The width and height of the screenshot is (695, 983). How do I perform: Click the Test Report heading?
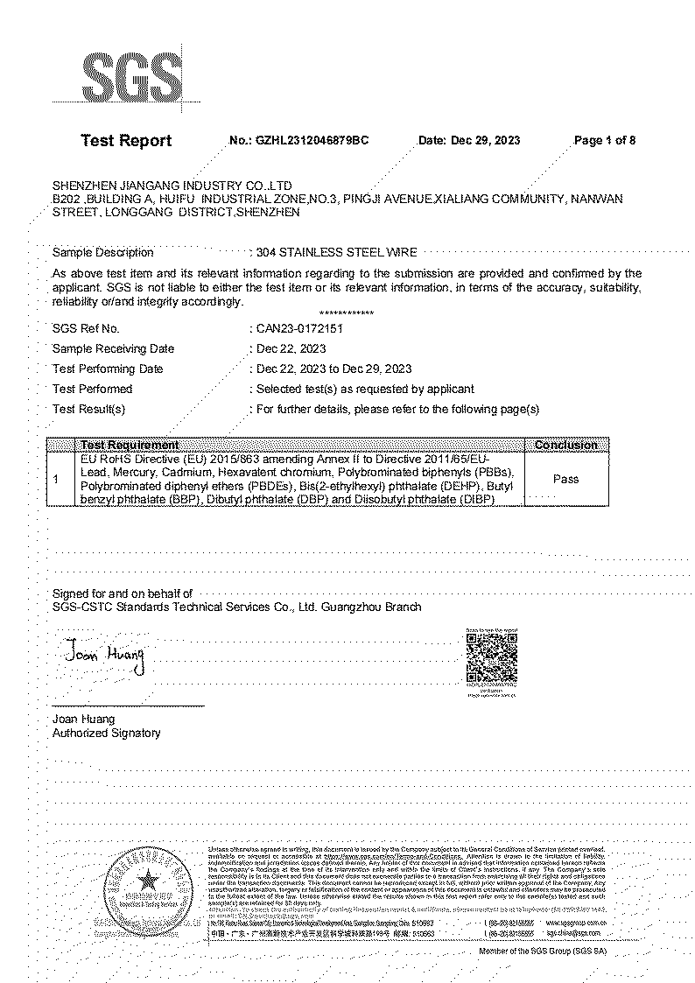pos(126,141)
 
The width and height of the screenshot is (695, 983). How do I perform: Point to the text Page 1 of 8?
pos(604,141)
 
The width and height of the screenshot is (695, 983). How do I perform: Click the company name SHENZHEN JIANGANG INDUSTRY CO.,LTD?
pos(172,186)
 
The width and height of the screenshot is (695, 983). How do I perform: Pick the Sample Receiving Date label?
pos(113,348)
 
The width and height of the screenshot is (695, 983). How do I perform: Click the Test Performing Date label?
pos(108,369)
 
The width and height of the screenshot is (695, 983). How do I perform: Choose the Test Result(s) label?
pos(89,409)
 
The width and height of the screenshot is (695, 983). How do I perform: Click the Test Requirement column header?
pos(130,445)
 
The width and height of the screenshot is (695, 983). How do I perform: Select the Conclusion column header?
pos(565,445)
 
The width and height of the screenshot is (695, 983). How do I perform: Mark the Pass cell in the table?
pos(565,479)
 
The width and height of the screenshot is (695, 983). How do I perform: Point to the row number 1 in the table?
pos(56,479)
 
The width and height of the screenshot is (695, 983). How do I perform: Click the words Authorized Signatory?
pos(106,734)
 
